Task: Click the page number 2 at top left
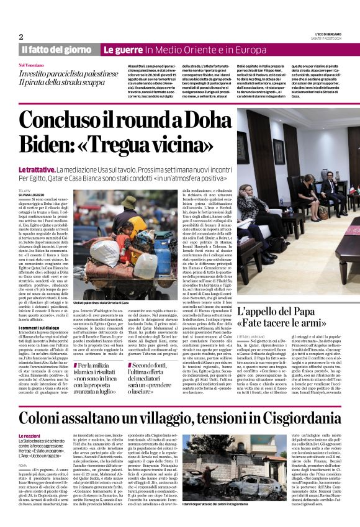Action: tap(21, 37)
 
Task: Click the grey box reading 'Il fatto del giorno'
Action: tap(56, 50)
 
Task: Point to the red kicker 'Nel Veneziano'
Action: tap(32, 65)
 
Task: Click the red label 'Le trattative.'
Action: tap(37, 169)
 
